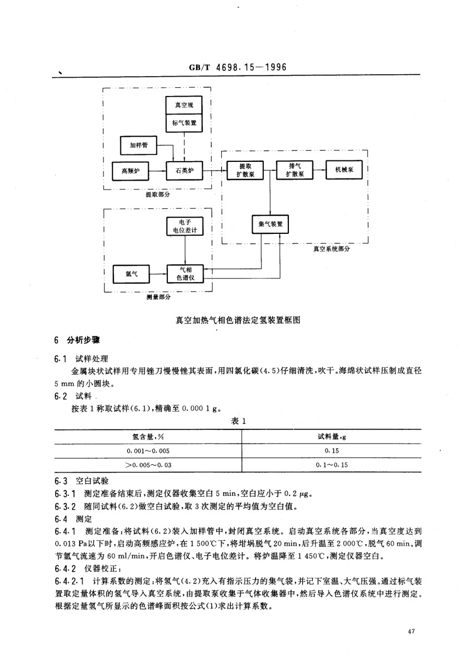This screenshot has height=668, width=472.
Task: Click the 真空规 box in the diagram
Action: tap(184, 105)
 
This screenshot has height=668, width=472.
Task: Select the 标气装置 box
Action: tap(184, 123)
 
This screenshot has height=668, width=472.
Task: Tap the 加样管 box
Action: tap(139, 145)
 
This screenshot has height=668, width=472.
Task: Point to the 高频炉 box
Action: tap(130, 171)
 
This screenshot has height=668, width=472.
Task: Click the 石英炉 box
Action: tap(185, 171)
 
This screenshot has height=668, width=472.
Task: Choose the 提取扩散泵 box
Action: tap(245, 170)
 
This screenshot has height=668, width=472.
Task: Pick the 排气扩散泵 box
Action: tap(294, 170)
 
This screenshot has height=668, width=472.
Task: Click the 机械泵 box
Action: tap(344, 170)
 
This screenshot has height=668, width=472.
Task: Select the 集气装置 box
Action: tap(270, 224)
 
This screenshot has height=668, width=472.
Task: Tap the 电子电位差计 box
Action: tap(185, 226)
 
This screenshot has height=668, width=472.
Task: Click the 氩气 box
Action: tap(131, 274)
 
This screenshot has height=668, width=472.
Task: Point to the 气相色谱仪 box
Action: tap(185, 273)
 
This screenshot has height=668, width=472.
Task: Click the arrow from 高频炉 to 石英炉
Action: tap(158, 171)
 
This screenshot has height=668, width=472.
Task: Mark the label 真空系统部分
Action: tap(331, 249)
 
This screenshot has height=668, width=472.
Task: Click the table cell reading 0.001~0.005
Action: tap(148, 450)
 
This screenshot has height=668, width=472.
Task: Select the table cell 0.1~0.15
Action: tap(332, 464)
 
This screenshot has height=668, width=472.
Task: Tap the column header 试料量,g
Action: tap(332, 437)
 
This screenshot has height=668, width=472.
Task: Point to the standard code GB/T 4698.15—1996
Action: tap(237, 67)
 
